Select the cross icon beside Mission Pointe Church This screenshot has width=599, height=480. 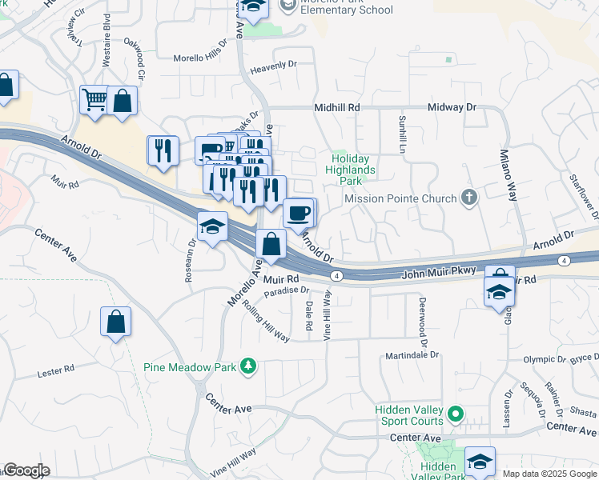coord(469,198)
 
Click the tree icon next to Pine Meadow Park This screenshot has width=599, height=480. coord(249,366)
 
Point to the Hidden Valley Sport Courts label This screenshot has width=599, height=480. coord(409,415)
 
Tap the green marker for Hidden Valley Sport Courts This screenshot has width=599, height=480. coord(456,414)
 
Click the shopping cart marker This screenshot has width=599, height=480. coord(94,101)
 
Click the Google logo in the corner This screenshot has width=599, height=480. coord(26,470)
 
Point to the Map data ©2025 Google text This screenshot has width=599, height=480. coord(549,474)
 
